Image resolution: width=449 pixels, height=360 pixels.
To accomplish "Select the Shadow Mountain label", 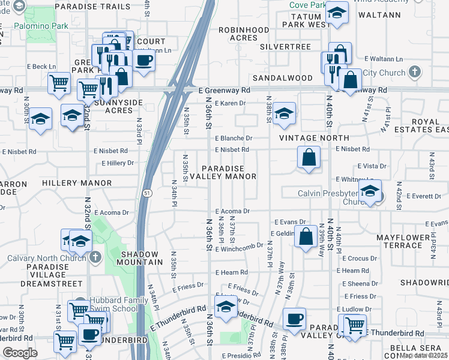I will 136,258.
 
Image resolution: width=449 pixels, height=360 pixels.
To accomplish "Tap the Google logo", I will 20,353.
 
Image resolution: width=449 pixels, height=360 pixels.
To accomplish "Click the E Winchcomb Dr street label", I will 240,246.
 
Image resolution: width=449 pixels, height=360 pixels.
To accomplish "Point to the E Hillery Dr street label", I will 118,163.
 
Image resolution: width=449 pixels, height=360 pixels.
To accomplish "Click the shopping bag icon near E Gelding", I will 306,236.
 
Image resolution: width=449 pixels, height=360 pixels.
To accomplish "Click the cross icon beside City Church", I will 414,73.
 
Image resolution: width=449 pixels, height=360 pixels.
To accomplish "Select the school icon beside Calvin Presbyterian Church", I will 370,192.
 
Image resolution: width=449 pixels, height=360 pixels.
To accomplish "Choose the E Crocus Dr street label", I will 361,258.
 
